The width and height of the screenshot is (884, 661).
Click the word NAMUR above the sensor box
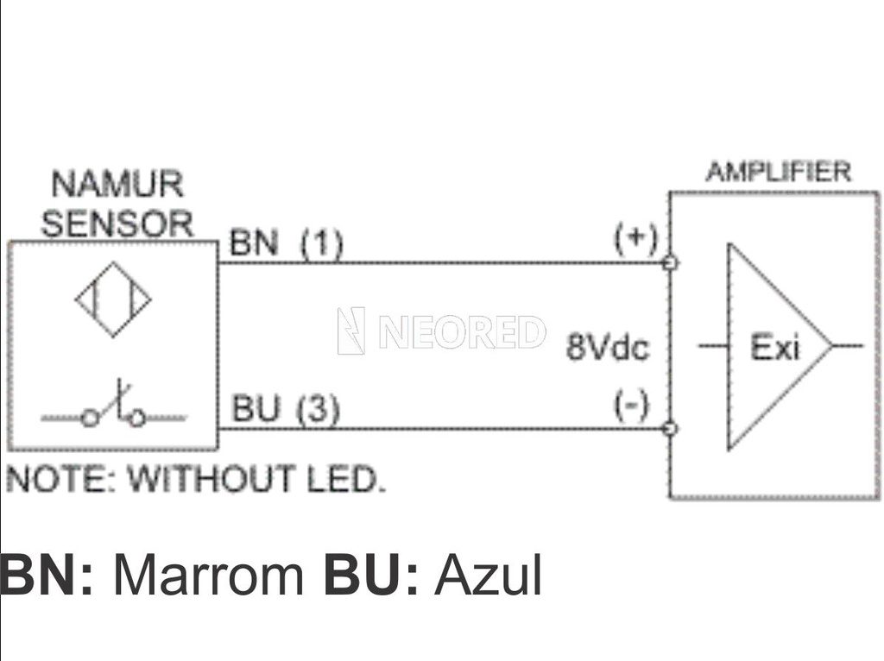pyautogui.click(x=117, y=185)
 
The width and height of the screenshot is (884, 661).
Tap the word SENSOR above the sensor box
pyautogui.click(x=117, y=223)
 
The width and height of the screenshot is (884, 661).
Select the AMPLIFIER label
pyautogui.click(x=778, y=172)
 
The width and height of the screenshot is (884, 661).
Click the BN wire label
pyautogui.click(x=254, y=244)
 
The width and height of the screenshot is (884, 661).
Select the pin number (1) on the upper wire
pyautogui.click(x=322, y=245)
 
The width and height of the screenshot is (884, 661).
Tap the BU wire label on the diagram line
pyautogui.click(x=256, y=410)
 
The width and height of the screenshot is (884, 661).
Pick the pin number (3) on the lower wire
pyautogui.click(x=319, y=411)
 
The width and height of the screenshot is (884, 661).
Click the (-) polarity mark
pyautogui.click(x=631, y=405)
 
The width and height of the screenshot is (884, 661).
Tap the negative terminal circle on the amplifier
pyautogui.click(x=671, y=428)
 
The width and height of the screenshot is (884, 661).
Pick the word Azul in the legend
pyautogui.click(x=488, y=576)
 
